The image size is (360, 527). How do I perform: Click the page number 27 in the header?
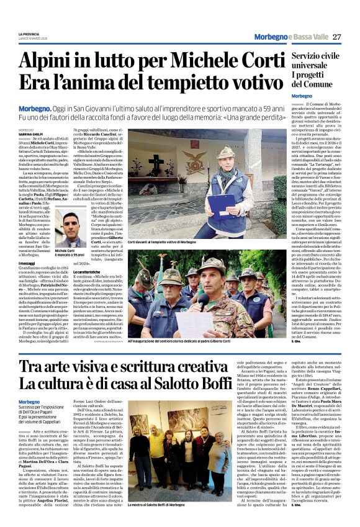click(337, 37)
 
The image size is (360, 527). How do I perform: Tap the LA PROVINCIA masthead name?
click(29, 33)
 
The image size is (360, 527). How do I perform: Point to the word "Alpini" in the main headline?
click(52, 61)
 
